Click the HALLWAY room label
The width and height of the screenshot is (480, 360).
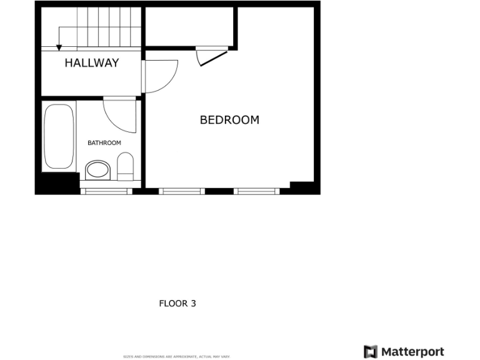click(x=91, y=62)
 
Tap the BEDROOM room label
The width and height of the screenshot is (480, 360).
click(x=229, y=119)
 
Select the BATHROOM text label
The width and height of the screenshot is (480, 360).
click(x=104, y=143)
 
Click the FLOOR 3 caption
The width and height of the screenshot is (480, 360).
click(x=177, y=304)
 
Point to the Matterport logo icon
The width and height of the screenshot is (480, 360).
click(x=371, y=351)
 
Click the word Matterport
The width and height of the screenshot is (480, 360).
click(x=412, y=351)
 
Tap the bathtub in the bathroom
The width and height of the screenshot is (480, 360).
click(x=59, y=137)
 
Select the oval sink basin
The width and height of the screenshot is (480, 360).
click(x=97, y=169)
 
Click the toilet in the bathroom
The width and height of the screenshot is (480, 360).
click(x=126, y=167)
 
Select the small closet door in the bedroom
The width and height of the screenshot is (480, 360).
click(x=211, y=57)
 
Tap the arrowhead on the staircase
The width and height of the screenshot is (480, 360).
click(x=59, y=47)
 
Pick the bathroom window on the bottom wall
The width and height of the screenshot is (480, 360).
click(x=106, y=191)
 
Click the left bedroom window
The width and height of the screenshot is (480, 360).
click(x=181, y=191)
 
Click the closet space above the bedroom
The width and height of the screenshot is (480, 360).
click(x=190, y=26)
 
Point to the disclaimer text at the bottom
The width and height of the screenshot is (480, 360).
click(x=176, y=356)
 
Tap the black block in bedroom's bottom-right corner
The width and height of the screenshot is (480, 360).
click(x=302, y=187)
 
